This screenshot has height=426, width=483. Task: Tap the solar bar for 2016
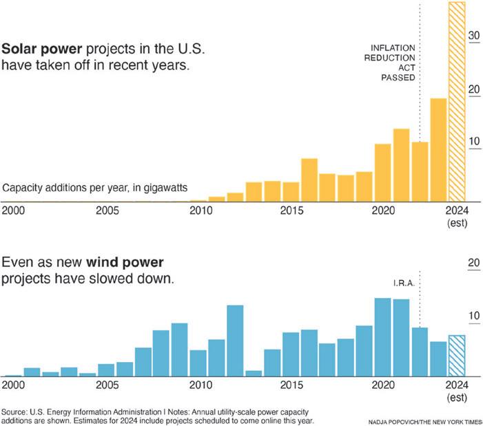309,180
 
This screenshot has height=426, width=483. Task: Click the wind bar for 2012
236,341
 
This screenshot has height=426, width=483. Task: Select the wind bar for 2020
382,337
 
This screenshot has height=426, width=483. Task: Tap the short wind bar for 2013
254,373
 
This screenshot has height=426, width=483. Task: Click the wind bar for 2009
180,350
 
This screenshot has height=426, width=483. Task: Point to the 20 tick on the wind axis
473,262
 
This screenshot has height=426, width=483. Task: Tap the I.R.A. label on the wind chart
404,283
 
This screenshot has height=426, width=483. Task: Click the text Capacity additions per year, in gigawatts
95,187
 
